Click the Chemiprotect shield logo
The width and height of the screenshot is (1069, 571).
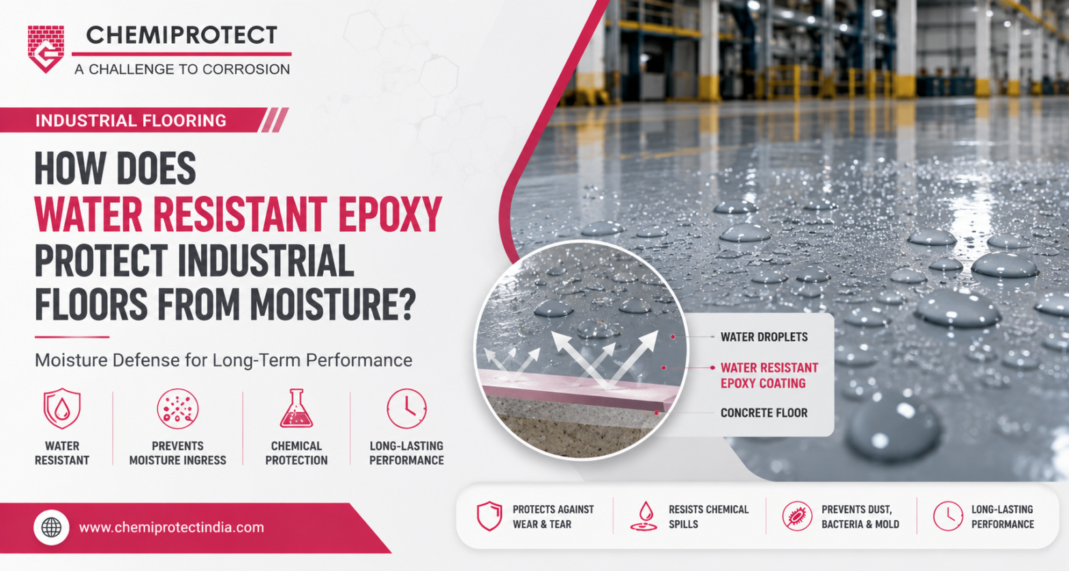[46, 49]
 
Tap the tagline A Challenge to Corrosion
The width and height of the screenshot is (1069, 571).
[182, 70]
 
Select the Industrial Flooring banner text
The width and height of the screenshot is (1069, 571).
[131, 120]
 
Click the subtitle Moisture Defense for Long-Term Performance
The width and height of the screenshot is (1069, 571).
[224, 360]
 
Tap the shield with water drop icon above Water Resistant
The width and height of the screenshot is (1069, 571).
[61, 409]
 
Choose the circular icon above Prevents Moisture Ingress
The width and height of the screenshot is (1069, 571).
[177, 409]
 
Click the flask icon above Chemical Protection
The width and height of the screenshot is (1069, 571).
[297, 408]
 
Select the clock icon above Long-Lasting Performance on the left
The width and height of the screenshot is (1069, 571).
[406, 409]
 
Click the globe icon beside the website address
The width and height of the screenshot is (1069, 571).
[52, 527]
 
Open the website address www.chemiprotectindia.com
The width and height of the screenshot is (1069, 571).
[171, 527]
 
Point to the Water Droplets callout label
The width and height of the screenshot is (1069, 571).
[764, 337]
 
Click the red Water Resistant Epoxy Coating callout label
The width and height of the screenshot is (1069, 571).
[769, 375]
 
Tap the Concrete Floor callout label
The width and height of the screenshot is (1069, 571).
[764, 413]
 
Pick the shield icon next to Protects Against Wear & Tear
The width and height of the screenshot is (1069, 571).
[490, 516]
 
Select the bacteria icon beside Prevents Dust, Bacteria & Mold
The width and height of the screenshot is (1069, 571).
[797, 516]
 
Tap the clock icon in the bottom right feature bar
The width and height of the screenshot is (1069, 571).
[948, 516]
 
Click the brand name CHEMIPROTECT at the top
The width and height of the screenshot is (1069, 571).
[181, 35]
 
